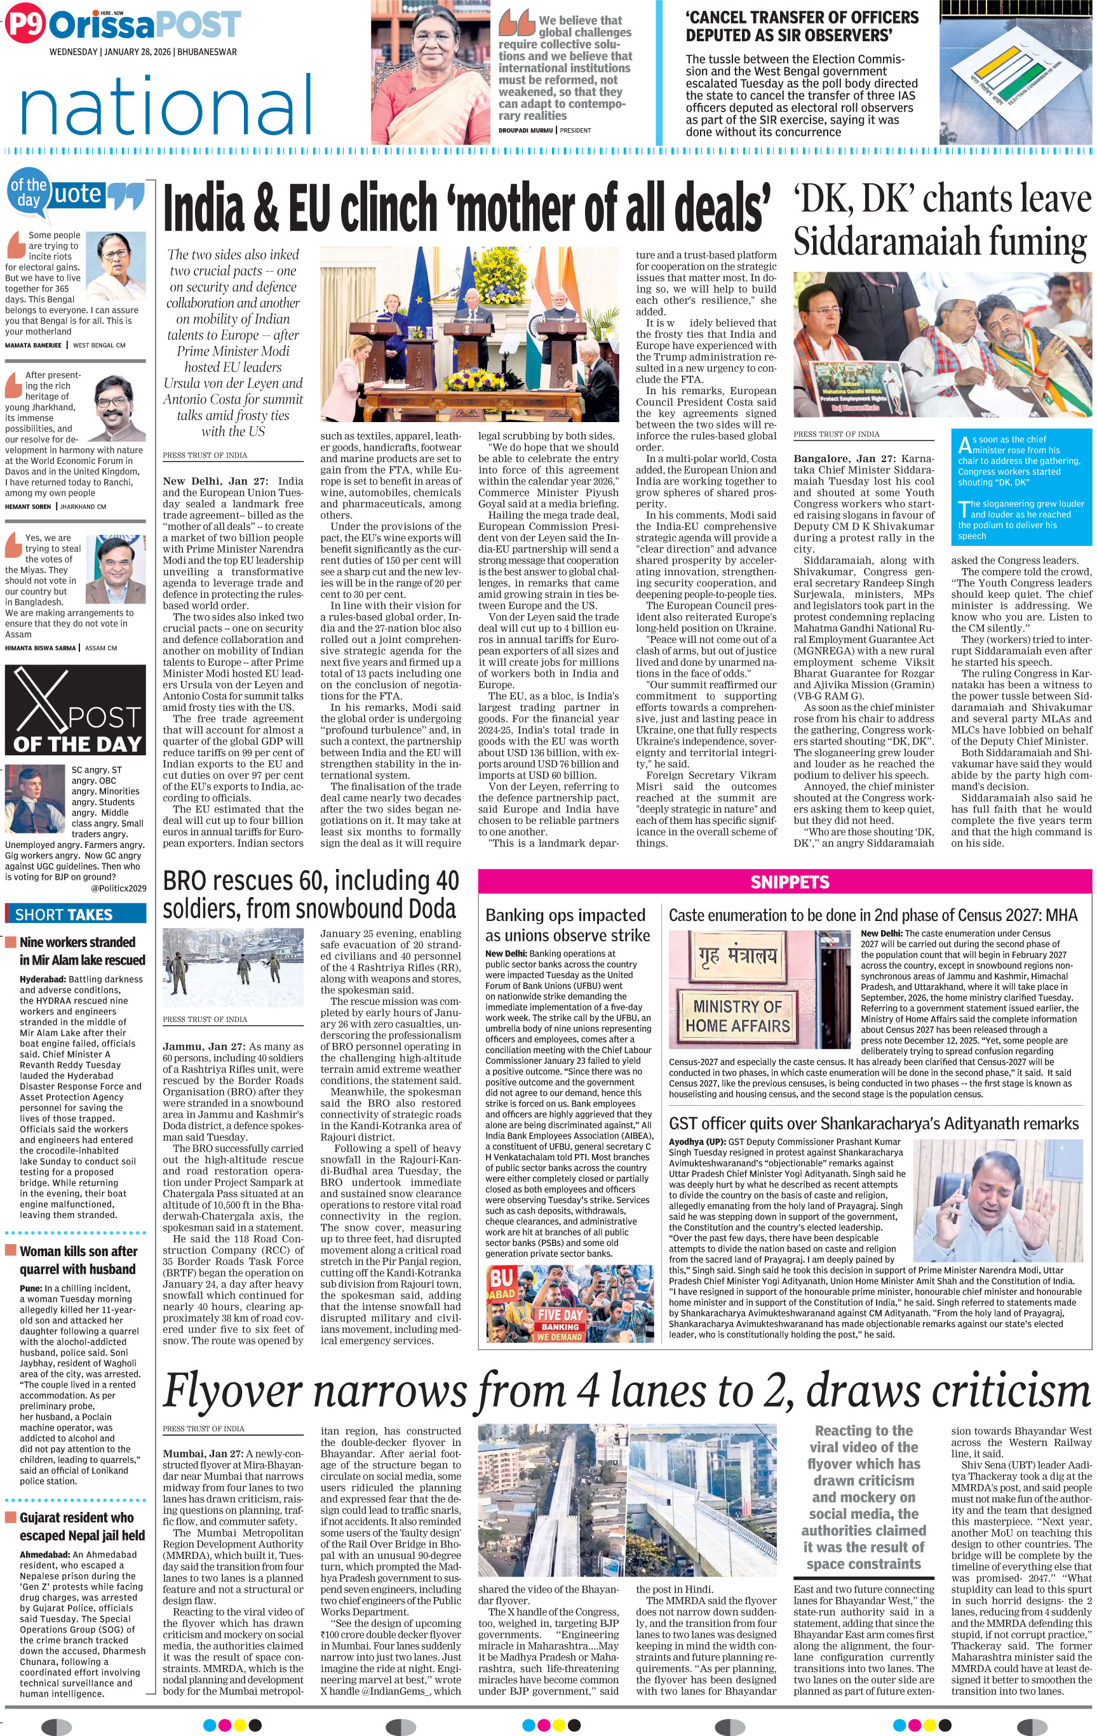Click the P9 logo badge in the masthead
(25, 26)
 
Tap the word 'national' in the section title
(166, 105)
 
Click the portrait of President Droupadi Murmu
(431, 72)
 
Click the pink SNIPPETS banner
(789, 882)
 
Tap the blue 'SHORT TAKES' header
(76, 914)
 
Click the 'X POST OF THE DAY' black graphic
(76, 710)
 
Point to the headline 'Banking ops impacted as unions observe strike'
(567, 925)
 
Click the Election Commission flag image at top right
(1015, 72)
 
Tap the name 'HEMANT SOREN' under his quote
(27, 506)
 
